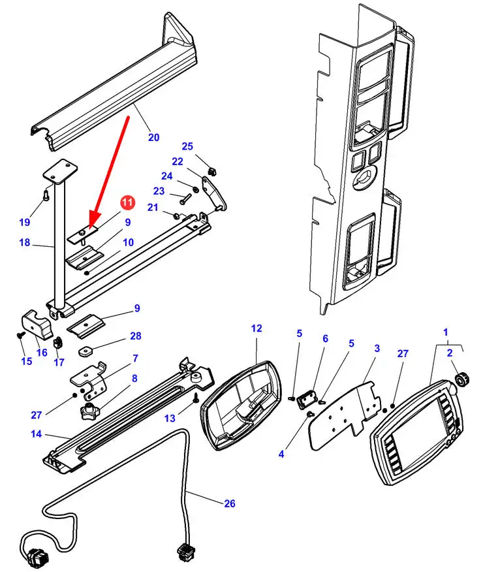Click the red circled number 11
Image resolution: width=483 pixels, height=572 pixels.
[x=127, y=202]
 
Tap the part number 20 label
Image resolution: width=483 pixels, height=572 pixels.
[x=154, y=137]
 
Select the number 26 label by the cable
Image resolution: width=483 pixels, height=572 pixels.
[x=230, y=503]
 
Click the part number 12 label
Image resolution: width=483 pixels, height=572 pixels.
[x=257, y=328]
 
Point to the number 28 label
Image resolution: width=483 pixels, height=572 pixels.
[x=136, y=336]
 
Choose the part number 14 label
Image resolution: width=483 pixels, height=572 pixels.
[x=36, y=434]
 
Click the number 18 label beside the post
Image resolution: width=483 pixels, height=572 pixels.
[x=24, y=242]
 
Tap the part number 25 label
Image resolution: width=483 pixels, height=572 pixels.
[x=187, y=146]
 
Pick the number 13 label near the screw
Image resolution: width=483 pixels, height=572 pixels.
[x=170, y=418]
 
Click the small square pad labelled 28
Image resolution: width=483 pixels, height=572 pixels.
[x=86, y=351]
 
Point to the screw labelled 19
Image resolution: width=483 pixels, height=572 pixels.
[x=46, y=195]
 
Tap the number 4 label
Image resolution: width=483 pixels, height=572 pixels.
[x=281, y=454]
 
